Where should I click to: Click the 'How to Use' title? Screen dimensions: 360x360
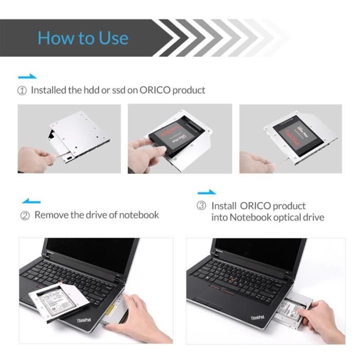[x=83, y=38]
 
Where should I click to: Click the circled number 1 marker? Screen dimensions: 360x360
[x=22, y=91]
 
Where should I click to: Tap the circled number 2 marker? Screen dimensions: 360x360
[x=25, y=215]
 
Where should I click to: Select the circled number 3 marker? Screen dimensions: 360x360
[x=202, y=206]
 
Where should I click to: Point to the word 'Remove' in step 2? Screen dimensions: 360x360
[x=51, y=215]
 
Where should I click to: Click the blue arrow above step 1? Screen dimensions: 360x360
[x=27, y=77]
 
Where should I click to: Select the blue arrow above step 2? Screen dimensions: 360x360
[x=31, y=201]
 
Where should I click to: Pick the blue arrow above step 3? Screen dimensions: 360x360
[x=207, y=192]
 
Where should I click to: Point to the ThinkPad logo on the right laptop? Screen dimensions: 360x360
[x=257, y=318]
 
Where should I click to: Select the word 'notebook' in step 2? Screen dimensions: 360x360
[x=139, y=215]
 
